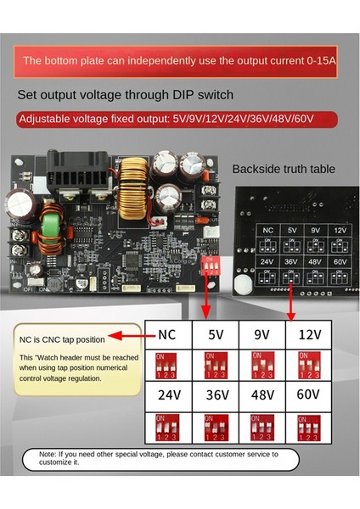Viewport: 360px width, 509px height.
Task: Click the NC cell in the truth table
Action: click(x=167, y=335)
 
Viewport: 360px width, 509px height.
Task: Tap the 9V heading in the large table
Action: click(x=262, y=335)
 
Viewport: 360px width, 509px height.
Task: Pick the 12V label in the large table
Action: click(x=308, y=335)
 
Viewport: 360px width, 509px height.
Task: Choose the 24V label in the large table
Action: click(x=167, y=394)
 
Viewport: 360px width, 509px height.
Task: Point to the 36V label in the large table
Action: click(x=216, y=394)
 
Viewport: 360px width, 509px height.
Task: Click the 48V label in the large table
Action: click(x=262, y=394)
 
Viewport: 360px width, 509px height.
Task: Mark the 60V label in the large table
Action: click(x=308, y=394)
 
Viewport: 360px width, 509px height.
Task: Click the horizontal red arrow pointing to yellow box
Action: click(x=125, y=336)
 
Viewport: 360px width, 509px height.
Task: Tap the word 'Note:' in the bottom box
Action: click(x=49, y=455)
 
